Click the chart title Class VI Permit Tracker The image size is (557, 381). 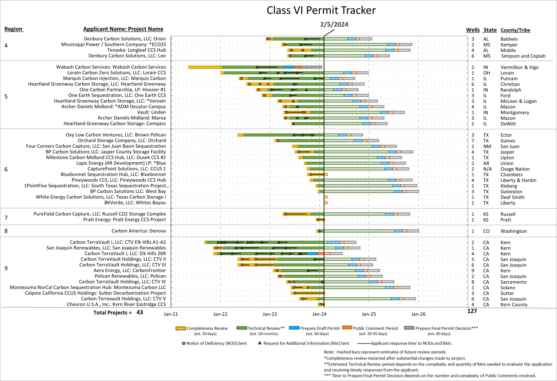click(321, 10)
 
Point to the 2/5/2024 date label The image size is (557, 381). click(334, 25)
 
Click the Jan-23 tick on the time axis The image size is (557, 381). click(270, 314)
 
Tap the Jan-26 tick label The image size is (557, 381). click(418, 314)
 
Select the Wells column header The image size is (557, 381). click(473, 30)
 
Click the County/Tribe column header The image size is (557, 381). click(515, 30)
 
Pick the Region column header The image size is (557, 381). click(13, 29)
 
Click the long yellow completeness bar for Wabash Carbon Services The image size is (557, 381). click(205, 67)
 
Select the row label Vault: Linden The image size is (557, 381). click(151, 112)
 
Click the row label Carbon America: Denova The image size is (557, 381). click(139, 231)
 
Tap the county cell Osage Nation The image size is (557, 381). click(515, 169)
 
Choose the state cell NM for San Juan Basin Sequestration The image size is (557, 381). click(487, 146)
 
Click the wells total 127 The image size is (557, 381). click(472, 311)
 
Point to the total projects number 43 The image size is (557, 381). click(140, 312)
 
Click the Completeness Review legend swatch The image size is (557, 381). click(180, 328)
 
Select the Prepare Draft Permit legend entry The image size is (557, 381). click(320, 328)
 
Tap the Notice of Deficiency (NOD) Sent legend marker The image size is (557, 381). click(184, 343)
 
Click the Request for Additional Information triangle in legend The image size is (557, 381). click(260, 343)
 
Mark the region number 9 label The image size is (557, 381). click(6, 268)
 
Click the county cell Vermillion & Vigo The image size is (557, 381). click(519, 67)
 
